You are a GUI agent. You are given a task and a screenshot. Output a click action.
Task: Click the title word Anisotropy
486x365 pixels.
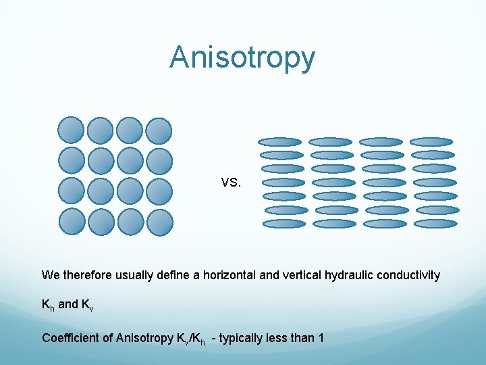[x=242, y=57]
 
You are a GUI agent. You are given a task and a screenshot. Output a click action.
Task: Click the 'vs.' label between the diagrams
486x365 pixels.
[x=230, y=182]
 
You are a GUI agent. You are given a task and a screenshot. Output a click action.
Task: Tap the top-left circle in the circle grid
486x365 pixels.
[x=71, y=130]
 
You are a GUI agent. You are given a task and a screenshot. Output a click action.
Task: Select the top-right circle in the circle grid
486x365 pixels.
[x=159, y=130]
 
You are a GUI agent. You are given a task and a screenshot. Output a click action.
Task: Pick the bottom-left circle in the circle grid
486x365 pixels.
[x=71, y=222]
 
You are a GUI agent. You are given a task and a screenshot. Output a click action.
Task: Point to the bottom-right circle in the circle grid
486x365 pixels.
[x=159, y=222]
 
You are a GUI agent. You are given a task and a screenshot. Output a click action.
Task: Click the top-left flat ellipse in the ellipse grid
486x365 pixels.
[x=281, y=142]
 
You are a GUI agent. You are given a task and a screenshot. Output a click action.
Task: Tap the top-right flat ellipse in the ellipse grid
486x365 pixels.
[x=432, y=142]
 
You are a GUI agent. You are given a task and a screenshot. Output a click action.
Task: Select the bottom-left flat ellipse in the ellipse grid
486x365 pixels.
[x=284, y=224]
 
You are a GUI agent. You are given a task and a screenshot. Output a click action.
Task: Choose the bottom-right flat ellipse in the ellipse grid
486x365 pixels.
[x=436, y=224]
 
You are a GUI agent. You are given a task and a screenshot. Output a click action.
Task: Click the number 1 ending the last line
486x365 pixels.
[x=320, y=337]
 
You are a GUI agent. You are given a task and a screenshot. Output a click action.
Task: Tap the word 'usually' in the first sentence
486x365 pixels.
[x=134, y=276]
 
